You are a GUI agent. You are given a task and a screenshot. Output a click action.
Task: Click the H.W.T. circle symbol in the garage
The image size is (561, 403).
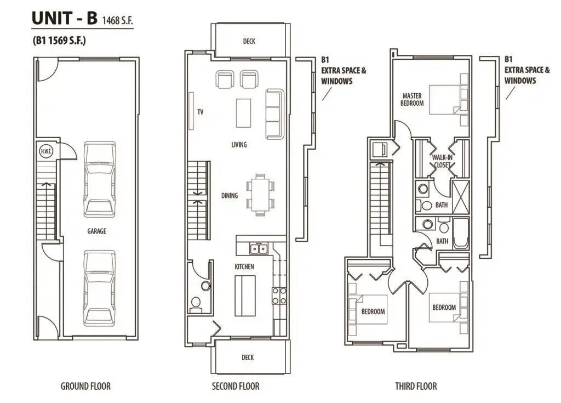click(45, 151)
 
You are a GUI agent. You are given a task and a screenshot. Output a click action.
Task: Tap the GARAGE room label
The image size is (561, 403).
click(96, 231)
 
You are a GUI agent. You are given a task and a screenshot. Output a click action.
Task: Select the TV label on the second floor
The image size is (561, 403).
click(201, 112)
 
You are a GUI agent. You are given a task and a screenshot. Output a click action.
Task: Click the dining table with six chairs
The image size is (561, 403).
click(260, 195)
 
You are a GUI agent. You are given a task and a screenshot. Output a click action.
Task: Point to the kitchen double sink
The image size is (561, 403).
click(259, 248)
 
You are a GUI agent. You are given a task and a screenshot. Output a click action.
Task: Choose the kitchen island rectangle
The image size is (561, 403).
click(245, 296)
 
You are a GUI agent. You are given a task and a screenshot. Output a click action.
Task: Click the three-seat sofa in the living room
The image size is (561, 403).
click(275, 114)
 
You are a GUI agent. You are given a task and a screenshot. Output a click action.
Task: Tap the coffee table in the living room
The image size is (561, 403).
click(243, 113)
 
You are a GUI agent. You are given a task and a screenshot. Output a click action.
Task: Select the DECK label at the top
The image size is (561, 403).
click(249, 41)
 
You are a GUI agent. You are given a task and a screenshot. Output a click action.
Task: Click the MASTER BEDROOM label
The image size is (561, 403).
click(412, 99)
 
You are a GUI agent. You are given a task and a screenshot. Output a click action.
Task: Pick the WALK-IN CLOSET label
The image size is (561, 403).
click(442, 161)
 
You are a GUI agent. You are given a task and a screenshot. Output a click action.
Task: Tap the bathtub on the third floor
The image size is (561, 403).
click(461, 233)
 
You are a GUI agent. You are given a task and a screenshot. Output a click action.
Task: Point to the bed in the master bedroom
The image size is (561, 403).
click(445, 100)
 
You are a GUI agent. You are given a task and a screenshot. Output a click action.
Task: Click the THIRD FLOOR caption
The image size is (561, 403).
click(416, 386)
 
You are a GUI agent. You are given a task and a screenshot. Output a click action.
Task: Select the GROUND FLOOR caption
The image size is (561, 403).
click(85, 386)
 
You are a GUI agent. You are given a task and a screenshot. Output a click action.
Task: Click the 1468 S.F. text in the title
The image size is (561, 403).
click(117, 20)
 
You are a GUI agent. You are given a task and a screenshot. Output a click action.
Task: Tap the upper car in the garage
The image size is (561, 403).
click(100, 179)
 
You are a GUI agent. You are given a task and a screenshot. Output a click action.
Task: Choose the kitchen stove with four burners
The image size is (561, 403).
click(279, 296)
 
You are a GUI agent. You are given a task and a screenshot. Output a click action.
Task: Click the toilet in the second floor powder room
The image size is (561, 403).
click(196, 303)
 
